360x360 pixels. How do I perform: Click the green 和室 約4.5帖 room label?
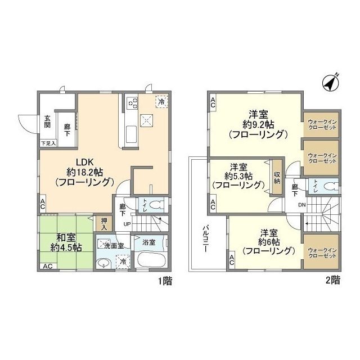(66, 242)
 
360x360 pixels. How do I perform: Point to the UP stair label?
(127, 224)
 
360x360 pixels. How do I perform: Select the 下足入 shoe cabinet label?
(48, 143)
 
